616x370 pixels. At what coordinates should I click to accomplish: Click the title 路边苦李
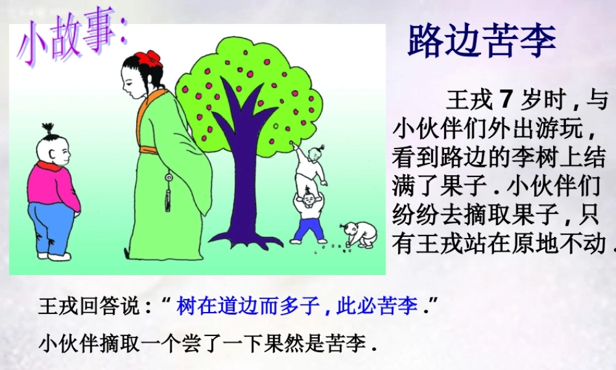482,41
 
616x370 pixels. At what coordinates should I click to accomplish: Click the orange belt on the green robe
156,149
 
